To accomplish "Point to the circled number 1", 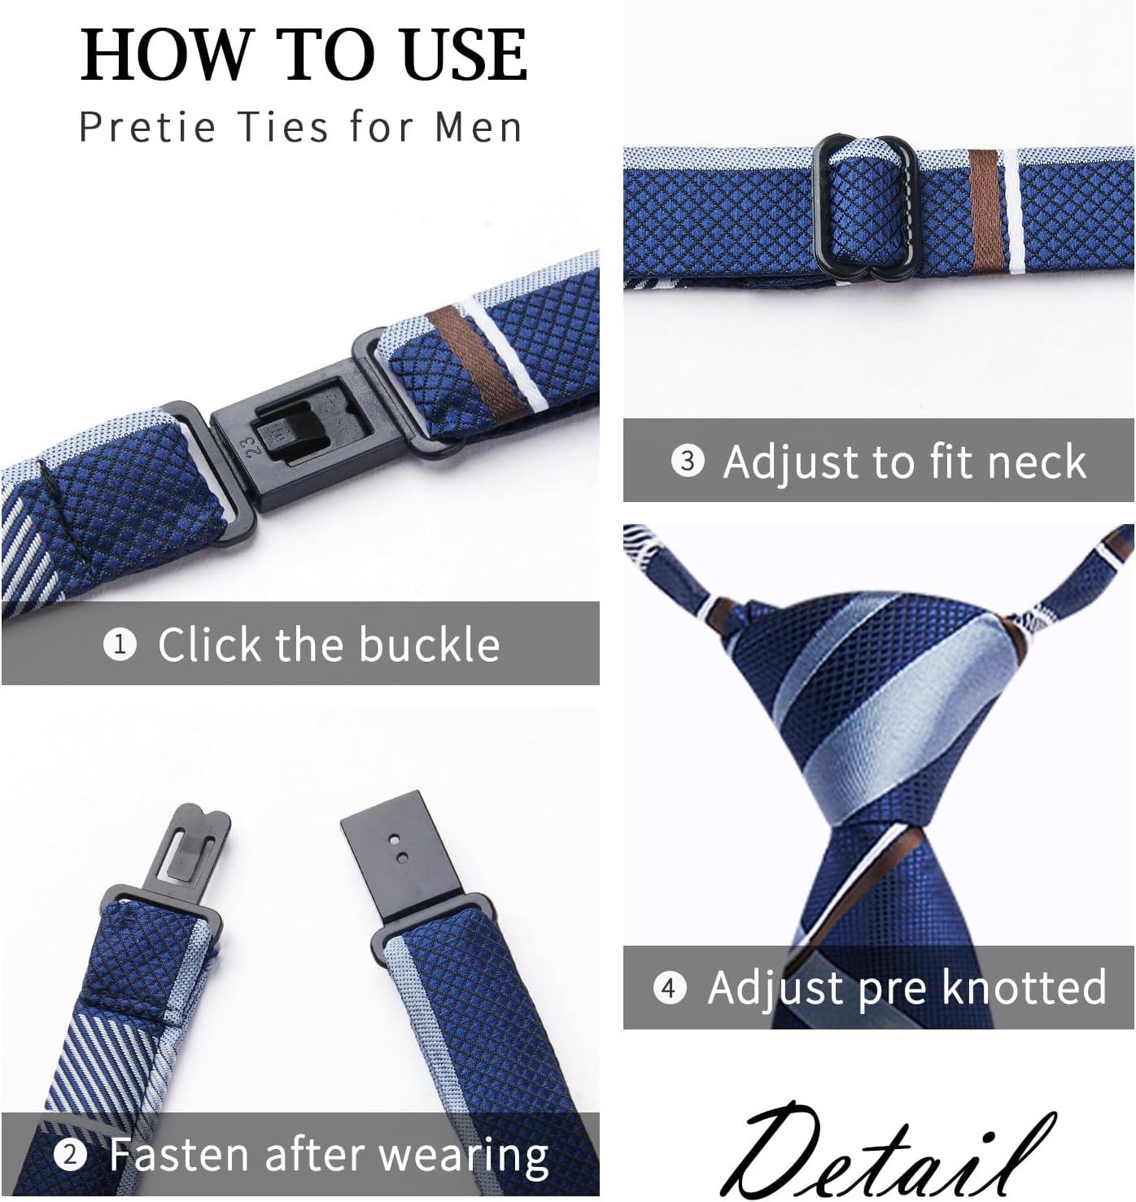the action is [x=120, y=645].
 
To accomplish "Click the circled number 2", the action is [x=70, y=1155].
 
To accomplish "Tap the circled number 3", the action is [x=688, y=461].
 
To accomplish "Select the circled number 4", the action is [x=670, y=988].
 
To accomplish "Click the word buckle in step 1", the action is [x=429, y=645].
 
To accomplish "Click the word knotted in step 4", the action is [x=1025, y=987].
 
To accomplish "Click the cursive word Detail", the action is [x=886, y=1148].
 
